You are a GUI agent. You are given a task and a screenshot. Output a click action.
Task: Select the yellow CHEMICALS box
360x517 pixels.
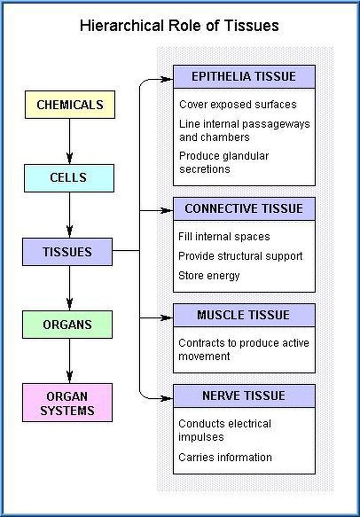tap(69, 104)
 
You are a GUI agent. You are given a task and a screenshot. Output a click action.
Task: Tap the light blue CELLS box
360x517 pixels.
tap(68, 178)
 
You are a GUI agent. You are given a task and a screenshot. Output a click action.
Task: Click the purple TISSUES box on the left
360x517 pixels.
tap(67, 252)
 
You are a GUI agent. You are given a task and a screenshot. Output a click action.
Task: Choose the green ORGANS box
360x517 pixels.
tap(67, 324)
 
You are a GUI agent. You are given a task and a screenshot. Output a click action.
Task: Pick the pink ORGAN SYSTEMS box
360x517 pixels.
tap(67, 403)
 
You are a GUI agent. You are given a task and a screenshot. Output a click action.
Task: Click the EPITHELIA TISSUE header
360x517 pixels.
tap(244, 76)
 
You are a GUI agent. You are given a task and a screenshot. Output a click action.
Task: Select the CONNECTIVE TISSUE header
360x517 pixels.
tap(244, 208)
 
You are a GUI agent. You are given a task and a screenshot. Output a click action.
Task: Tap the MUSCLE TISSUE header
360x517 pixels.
tap(244, 315)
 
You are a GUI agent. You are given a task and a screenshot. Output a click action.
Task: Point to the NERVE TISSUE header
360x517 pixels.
tap(244, 395)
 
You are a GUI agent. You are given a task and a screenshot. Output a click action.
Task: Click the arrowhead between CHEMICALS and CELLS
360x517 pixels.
tap(69, 157)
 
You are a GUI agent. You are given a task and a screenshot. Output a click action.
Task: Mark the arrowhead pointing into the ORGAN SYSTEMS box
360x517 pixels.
tap(69, 377)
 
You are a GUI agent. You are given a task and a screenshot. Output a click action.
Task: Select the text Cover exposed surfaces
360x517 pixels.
tap(238, 104)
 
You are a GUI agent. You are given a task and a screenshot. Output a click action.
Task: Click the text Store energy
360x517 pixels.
tap(209, 276)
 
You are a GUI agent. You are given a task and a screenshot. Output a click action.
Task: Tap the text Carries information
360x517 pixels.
tap(225, 457)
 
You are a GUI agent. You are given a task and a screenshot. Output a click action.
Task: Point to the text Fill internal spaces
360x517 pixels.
tap(224, 237)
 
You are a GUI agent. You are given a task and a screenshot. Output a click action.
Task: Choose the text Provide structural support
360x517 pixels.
tap(240, 256)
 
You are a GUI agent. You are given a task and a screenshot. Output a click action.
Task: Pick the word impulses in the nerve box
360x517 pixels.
tap(201, 438)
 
